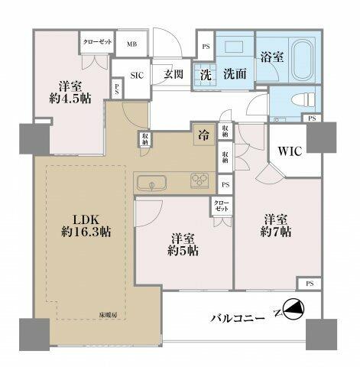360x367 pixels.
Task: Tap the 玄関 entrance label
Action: point(172,75)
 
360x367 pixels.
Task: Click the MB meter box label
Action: point(132,44)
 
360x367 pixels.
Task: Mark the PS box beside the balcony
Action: point(309,283)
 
